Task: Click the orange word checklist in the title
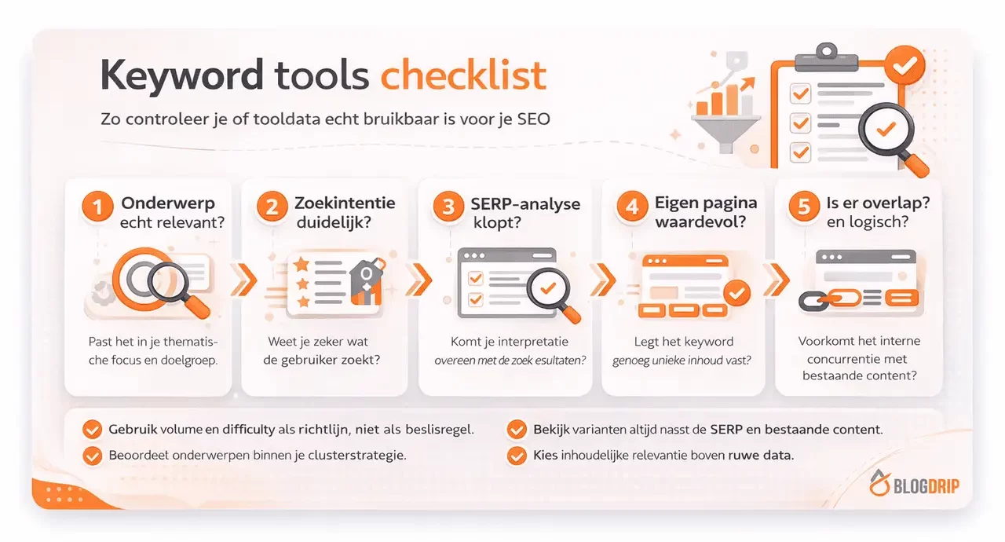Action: pos(463,75)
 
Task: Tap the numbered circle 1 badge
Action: pos(98,208)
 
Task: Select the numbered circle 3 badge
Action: pos(448,208)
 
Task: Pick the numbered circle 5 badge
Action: pos(804,208)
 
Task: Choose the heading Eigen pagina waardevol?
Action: pos(706,212)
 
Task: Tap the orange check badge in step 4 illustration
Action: pos(736,293)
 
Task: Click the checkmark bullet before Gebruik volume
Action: pos(93,430)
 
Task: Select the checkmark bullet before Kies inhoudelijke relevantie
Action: pos(517,455)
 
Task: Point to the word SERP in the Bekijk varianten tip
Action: pos(727,430)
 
